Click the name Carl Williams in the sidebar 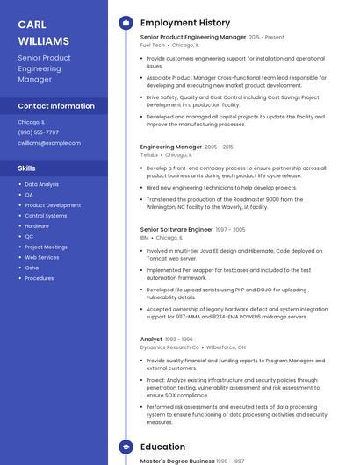[x=43, y=32]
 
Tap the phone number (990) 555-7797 [x=39, y=132]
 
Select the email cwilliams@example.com [x=49, y=143]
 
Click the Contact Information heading [x=56, y=106]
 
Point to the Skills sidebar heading [x=27, y=168]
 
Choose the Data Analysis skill [x=42, y=184]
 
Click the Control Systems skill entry [x=46, y=215]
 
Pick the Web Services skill [x=42, y=257]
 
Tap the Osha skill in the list [x=32, y=268]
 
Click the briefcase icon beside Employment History [x=126, y=23]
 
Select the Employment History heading [x=185, y=23]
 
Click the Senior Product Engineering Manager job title [x=193, y=38]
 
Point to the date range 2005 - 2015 [x=220, y=147]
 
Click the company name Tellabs [x=149, y=154]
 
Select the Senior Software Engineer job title [x=176, y=229]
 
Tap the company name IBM [x=144, y=237]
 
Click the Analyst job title [x=151, y=339]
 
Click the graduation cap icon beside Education [x=126, y=447]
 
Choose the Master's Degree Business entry [x=177, y=461]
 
